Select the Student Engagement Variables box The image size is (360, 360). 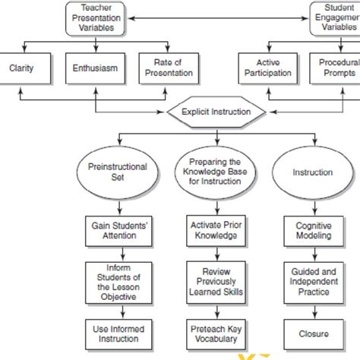coord(336,17)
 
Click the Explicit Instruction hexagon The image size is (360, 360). coord(217,112)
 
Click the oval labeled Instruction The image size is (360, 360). coord(313,172)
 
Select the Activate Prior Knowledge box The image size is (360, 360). coord(216,230)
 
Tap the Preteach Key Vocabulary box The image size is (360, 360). coord(216,332)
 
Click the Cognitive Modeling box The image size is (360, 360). coord(313,230)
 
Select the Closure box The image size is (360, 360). coord(313,332)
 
